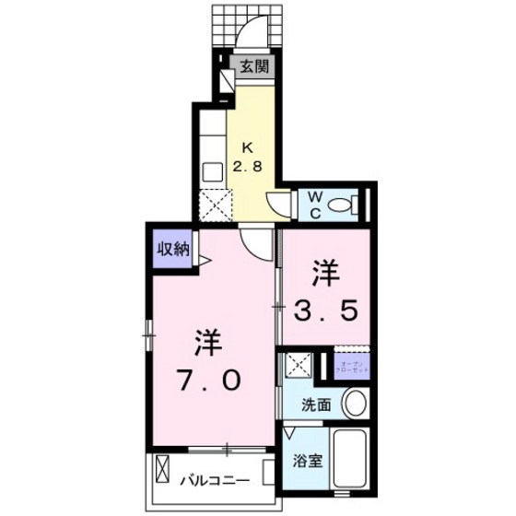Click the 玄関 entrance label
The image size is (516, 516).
[255, 66]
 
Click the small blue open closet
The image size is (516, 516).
[350, 366]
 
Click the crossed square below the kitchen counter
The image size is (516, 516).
[213, 203]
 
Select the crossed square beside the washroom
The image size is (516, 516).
[297, 366]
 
